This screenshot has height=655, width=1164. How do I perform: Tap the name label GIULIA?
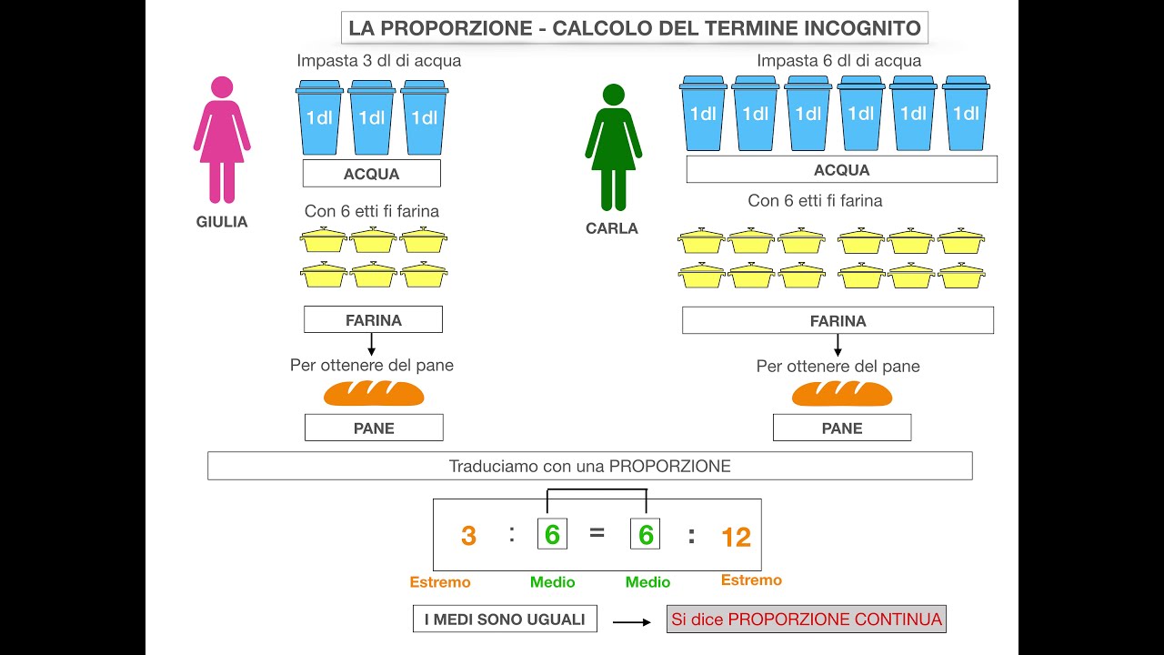(222, 222)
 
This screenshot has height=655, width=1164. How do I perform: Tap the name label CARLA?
(612, 229)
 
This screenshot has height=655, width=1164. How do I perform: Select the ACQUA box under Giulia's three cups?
(371, 174)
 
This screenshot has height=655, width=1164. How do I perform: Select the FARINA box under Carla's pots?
(838, 321)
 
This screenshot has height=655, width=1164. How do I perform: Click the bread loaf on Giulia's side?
(374, 393)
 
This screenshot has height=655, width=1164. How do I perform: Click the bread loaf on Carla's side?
(842, 394)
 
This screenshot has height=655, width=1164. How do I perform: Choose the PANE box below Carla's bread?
(842, 428)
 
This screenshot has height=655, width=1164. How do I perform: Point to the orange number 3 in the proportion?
(468, 536)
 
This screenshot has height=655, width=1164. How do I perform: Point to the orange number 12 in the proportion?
(736, 538)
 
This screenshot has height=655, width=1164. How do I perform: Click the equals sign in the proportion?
(597, 534)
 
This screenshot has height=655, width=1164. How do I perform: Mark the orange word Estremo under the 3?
(440, 582)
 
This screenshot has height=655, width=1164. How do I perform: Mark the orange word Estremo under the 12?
(751, 580)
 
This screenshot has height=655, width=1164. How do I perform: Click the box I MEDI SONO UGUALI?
(505, 620)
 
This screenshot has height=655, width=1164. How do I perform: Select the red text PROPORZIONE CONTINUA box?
(807, 620)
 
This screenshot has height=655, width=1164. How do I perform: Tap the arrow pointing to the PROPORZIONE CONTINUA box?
(632, 622)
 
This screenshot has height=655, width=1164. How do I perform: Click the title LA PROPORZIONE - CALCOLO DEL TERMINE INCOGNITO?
(635, 28)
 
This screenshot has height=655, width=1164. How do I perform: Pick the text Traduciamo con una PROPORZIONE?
(589, 467)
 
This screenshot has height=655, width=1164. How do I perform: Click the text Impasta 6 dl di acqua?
(838, 61)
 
